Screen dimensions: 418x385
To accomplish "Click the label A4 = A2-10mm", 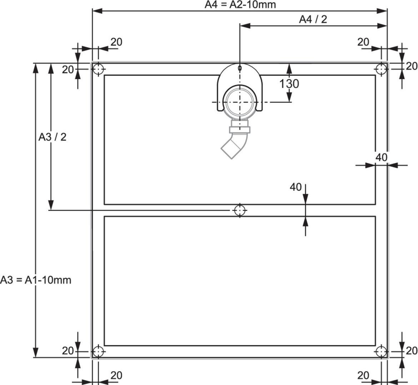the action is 240,5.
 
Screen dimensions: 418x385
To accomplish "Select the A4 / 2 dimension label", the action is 313,20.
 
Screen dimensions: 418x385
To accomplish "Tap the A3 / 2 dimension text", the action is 52,137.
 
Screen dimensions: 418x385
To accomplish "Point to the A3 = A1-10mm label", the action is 36,280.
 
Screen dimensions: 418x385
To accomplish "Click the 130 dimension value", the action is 289,84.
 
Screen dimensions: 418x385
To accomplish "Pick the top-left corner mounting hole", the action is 99,69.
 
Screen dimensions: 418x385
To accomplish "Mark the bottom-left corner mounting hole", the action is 99,351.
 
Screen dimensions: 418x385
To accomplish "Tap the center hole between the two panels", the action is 240,211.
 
